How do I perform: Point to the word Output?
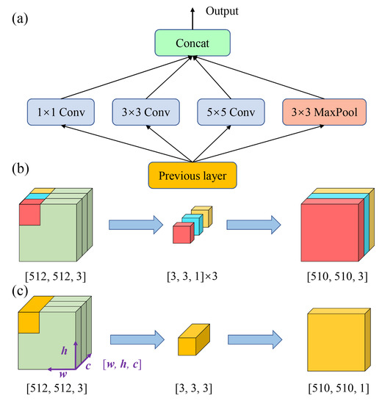[223, 11]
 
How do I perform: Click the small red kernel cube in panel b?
[180, 234]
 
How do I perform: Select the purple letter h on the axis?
[64, 351]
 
